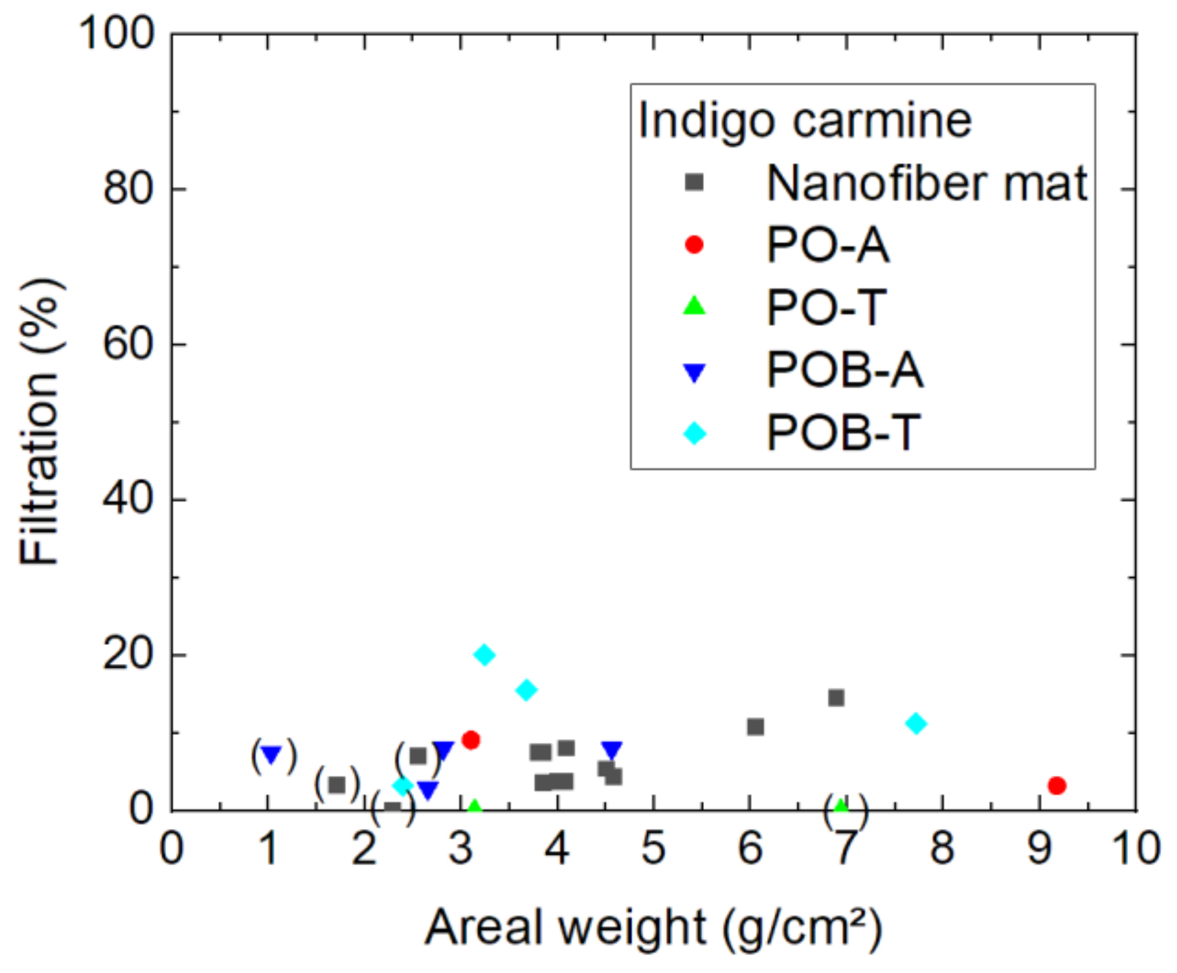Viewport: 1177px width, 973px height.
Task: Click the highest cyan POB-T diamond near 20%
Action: pyautogui.click(x=485, y=655)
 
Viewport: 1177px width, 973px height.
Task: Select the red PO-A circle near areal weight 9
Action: pyautogui.click(x=1057, y=785)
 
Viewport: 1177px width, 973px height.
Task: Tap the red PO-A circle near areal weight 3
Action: pyautogui.click(x=471, y=740)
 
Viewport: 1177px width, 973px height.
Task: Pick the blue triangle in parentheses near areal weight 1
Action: pyautogui.click(x=271, y=755)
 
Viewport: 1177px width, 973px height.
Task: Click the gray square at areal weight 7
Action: pyautogui.click(x=836, y=698)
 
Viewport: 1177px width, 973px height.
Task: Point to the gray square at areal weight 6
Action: pyautogui.click(x=755, y=727)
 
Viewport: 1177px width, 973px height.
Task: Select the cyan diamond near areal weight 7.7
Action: pyautogui.click(x=916, y=724)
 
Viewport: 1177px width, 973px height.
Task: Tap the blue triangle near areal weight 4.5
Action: pyautogui.click(x=612, y=749)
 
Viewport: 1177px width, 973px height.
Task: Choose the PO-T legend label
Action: pyautogui.click(x=827, y=307)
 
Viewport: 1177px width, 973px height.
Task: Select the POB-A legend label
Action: pyautogui.click(x=845, y=370)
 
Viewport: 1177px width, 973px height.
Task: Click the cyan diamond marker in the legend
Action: pyautogui.click(x=695, y=434)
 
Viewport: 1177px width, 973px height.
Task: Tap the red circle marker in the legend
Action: pyautogui.click(x=694, y=245)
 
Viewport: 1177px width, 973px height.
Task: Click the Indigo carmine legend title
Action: pyautogui.click(x=805, y=120)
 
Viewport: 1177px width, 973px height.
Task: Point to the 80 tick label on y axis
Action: pyautogui.click(x=127, y=188)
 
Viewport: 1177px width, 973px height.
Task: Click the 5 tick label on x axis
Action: pyautogui.click(x=653, y=848)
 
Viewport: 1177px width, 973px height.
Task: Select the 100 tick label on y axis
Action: pyautogui.click(x=116, y=33)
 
